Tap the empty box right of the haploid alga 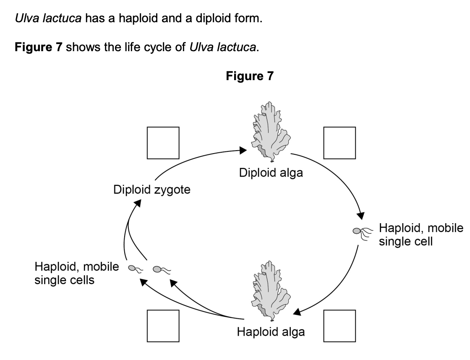339,326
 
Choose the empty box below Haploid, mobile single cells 163,326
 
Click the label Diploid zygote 151,190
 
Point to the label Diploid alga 271,173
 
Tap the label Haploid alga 271,332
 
